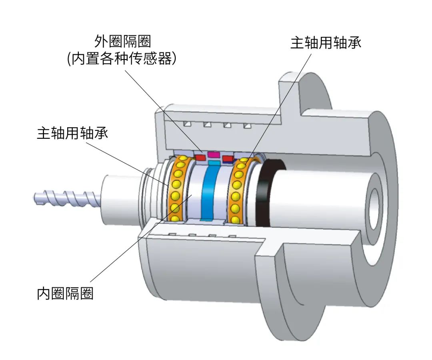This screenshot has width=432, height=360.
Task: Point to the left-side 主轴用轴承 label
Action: pos(72,133)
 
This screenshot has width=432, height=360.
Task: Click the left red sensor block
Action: pos(200,158)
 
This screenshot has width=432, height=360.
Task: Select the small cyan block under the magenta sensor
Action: pos(214,163)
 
